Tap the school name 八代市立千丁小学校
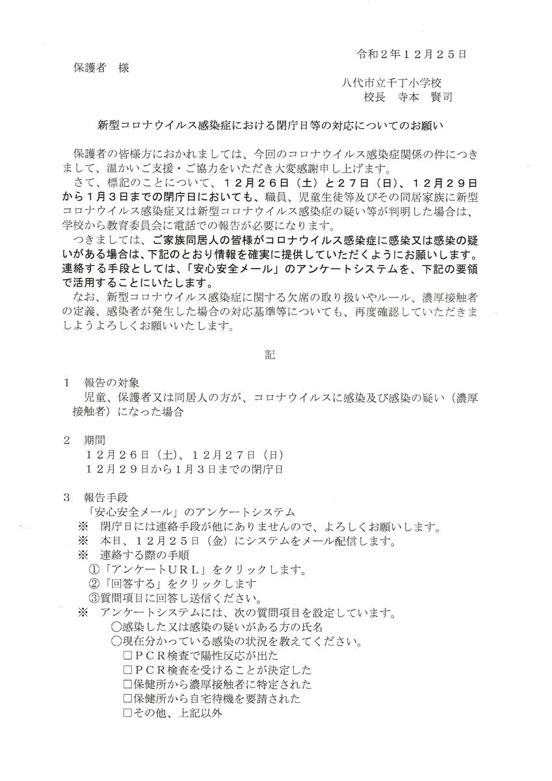[x=392, y=82]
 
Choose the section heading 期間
[x=94, y=439]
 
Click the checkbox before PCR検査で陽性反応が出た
[x=127, y=655]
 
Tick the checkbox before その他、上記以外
[x=127, y=713]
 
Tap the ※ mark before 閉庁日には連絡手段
[x=83, y=526]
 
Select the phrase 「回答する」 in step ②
[x=130, y=584]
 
